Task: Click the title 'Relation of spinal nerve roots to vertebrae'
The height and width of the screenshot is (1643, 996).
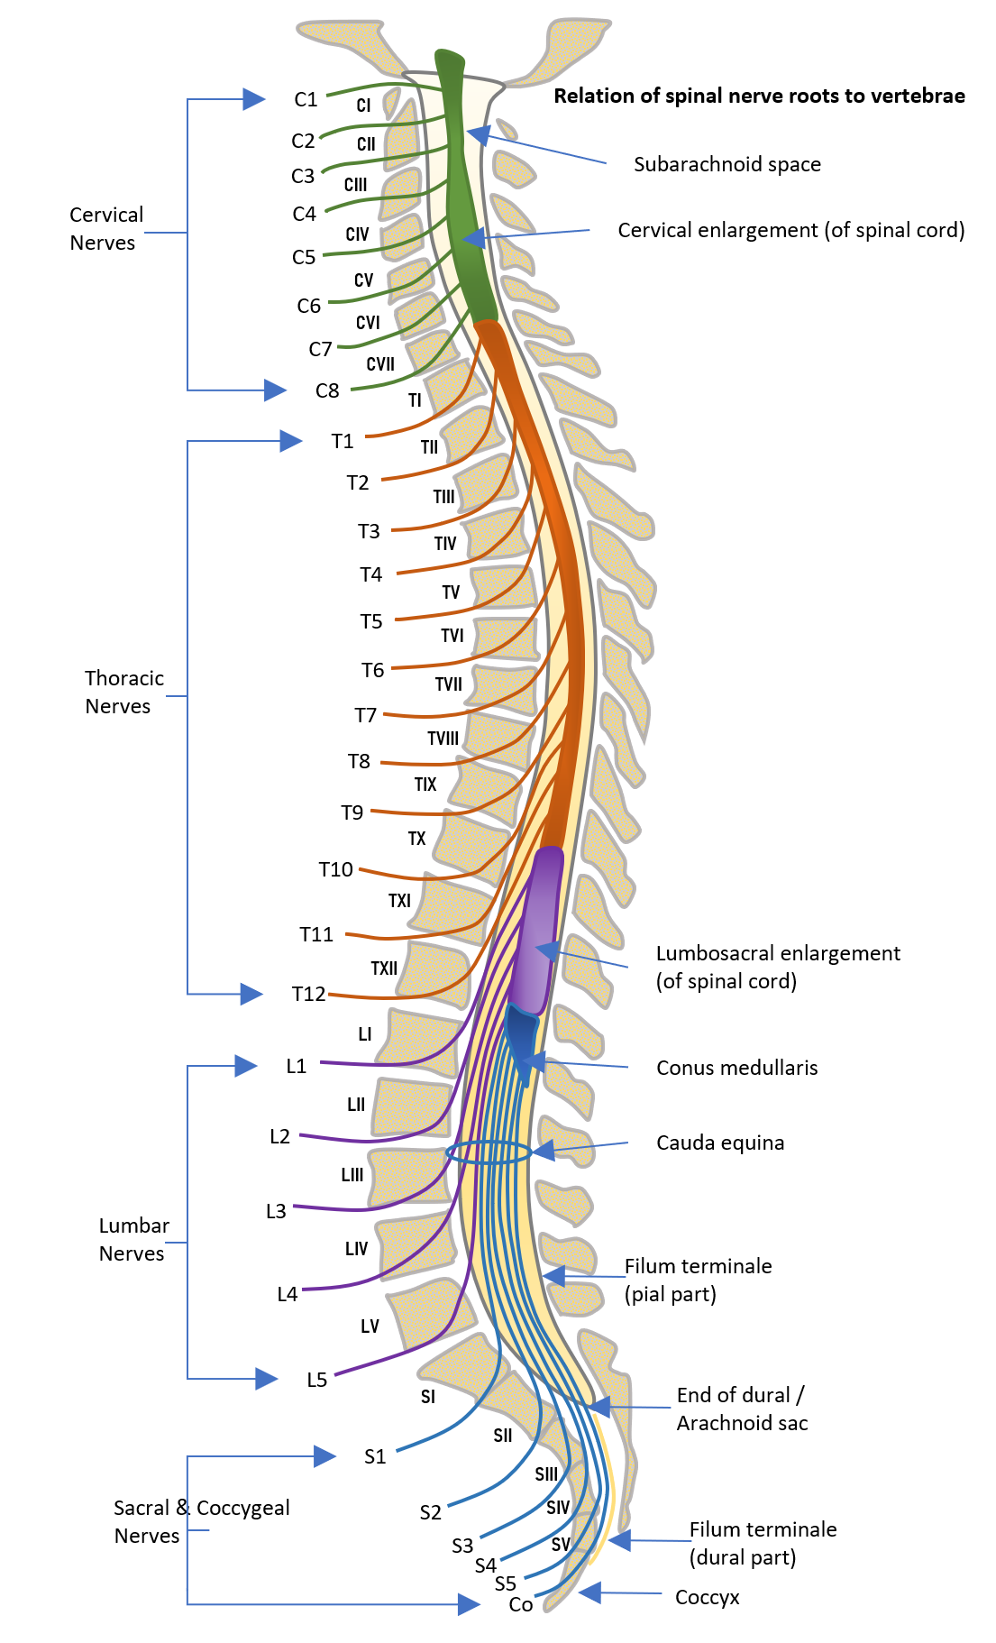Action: click(x=759, y=96)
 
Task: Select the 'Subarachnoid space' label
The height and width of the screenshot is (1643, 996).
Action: click(x=726, y=164)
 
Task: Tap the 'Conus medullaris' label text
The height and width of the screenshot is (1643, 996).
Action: click(x=736, y=1068)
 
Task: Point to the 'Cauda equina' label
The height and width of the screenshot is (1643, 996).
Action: click(x=719, y=1143)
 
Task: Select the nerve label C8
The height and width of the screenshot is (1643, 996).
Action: click(x=327, y=390)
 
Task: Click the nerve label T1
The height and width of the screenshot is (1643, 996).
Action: click(x=343, y=441)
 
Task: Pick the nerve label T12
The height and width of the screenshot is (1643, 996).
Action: click(x=308, y=994)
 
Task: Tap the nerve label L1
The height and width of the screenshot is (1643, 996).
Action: click(x=297, y=1066)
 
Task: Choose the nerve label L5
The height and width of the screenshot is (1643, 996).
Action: click(x=316, y=1380)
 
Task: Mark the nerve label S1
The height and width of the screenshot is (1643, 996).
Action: click(x=375, y=1456)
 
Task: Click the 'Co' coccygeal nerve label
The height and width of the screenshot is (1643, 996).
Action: click(x=521, y=1604)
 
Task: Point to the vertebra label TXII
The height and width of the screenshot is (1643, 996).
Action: click(x=384, y=968)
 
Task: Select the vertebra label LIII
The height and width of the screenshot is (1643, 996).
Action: click(x=352, y=1175)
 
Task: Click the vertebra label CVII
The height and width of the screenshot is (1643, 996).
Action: click(x=380, y=364)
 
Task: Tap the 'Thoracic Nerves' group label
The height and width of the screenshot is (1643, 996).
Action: click(x=123, y=692)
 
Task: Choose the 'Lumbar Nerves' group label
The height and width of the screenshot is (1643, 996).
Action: click(x=133, y=1239)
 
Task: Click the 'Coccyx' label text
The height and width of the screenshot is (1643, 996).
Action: click(x=707, y=1597)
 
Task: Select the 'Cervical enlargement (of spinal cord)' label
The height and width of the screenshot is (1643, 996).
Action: click(x=790, y=230)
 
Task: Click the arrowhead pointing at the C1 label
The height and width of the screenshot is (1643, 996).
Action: click(x=254, y=99)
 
